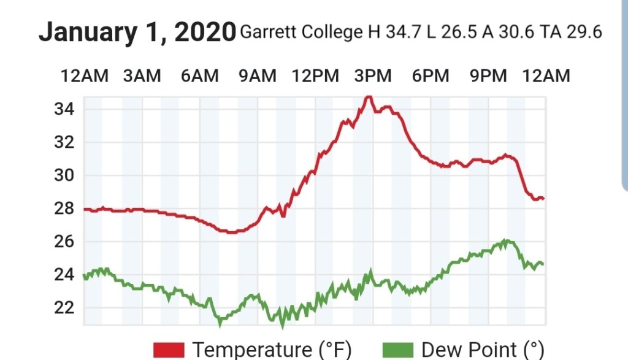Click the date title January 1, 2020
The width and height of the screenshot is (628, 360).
click(137, 32)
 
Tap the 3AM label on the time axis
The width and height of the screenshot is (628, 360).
click(142, 76)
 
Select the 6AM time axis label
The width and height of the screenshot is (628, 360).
click(199, 76)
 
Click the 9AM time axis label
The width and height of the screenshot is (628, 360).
click(257, 76)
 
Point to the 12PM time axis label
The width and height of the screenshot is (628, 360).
click(315, 76)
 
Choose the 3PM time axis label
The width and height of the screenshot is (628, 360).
click(373, 76)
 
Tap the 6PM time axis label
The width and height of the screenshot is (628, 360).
click(431, 76)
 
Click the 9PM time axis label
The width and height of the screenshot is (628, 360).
click(488, 76)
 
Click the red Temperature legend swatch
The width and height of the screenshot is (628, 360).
click(169, 350)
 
